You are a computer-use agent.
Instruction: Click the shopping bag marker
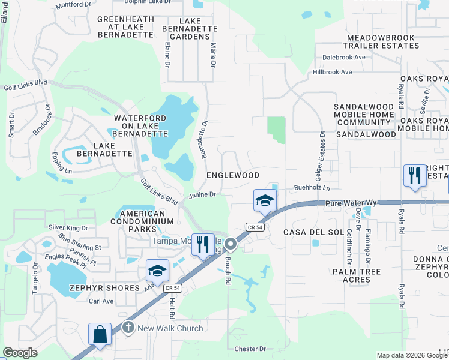(x=100, y=334)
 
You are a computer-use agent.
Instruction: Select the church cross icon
(x=127, y=328)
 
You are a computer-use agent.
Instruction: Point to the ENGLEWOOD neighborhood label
(x=233, y=175)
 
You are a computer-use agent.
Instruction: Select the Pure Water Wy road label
(x=349, y=204)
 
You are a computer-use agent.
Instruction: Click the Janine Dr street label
(x=202, y=194)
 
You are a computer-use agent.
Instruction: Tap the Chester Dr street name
(x=250, y=349)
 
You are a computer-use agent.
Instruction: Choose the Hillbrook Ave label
(x=332, y=72)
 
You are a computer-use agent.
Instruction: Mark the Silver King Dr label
(x=68, y=228)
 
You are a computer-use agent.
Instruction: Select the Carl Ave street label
(x=101, y=301)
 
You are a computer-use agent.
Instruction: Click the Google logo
(x=20, y=353)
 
